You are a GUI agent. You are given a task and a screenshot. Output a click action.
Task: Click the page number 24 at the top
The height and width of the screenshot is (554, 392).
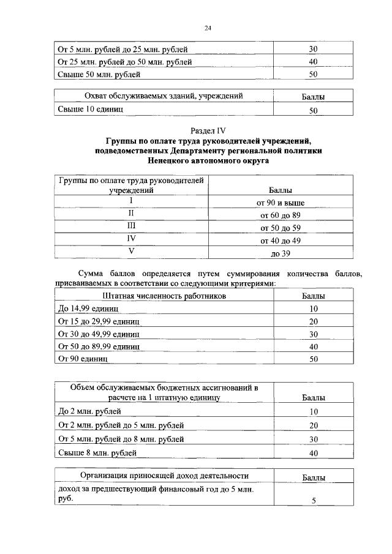(x=208, y=28)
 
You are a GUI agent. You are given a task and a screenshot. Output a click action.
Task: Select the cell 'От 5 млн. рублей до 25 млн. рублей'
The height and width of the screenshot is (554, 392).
(x=123, y=48)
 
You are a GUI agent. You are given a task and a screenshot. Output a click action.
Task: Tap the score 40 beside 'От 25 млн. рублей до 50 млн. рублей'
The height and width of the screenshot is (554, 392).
(x=313, y=62)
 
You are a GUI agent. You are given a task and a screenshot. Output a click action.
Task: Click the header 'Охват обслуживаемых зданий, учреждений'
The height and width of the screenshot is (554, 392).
(x=164, y=96)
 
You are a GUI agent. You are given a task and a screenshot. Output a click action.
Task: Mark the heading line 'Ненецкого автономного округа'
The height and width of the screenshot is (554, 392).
(x=208, y=160)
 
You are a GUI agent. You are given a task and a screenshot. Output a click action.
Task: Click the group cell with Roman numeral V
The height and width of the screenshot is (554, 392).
(x=130, y=252)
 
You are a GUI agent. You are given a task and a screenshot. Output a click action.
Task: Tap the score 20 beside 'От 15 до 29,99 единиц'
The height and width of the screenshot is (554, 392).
(x=313, y=321)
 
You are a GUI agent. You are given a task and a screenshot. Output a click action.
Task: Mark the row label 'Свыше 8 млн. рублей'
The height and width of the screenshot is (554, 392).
(x=97, y=453)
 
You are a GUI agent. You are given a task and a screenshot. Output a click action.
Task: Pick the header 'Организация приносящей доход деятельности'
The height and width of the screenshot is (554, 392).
(x=164, y=476)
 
